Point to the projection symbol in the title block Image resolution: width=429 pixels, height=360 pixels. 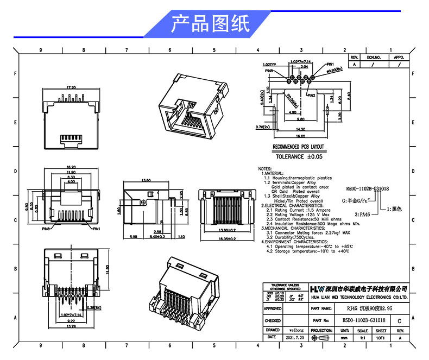coord(321,337)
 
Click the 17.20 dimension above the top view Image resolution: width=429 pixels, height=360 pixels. coord(71,87)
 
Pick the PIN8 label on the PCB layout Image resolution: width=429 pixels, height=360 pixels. coord(270,71)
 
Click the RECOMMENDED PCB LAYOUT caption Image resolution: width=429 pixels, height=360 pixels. coord(298,147)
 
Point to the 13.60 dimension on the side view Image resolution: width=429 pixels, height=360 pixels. coord(146,180)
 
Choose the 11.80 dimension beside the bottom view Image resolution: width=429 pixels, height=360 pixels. coord(107,269)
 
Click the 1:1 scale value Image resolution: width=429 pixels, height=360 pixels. coord(362,337)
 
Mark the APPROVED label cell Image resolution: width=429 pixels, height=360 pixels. coord(273,308)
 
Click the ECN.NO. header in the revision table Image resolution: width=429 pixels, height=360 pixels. coord(374,56)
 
